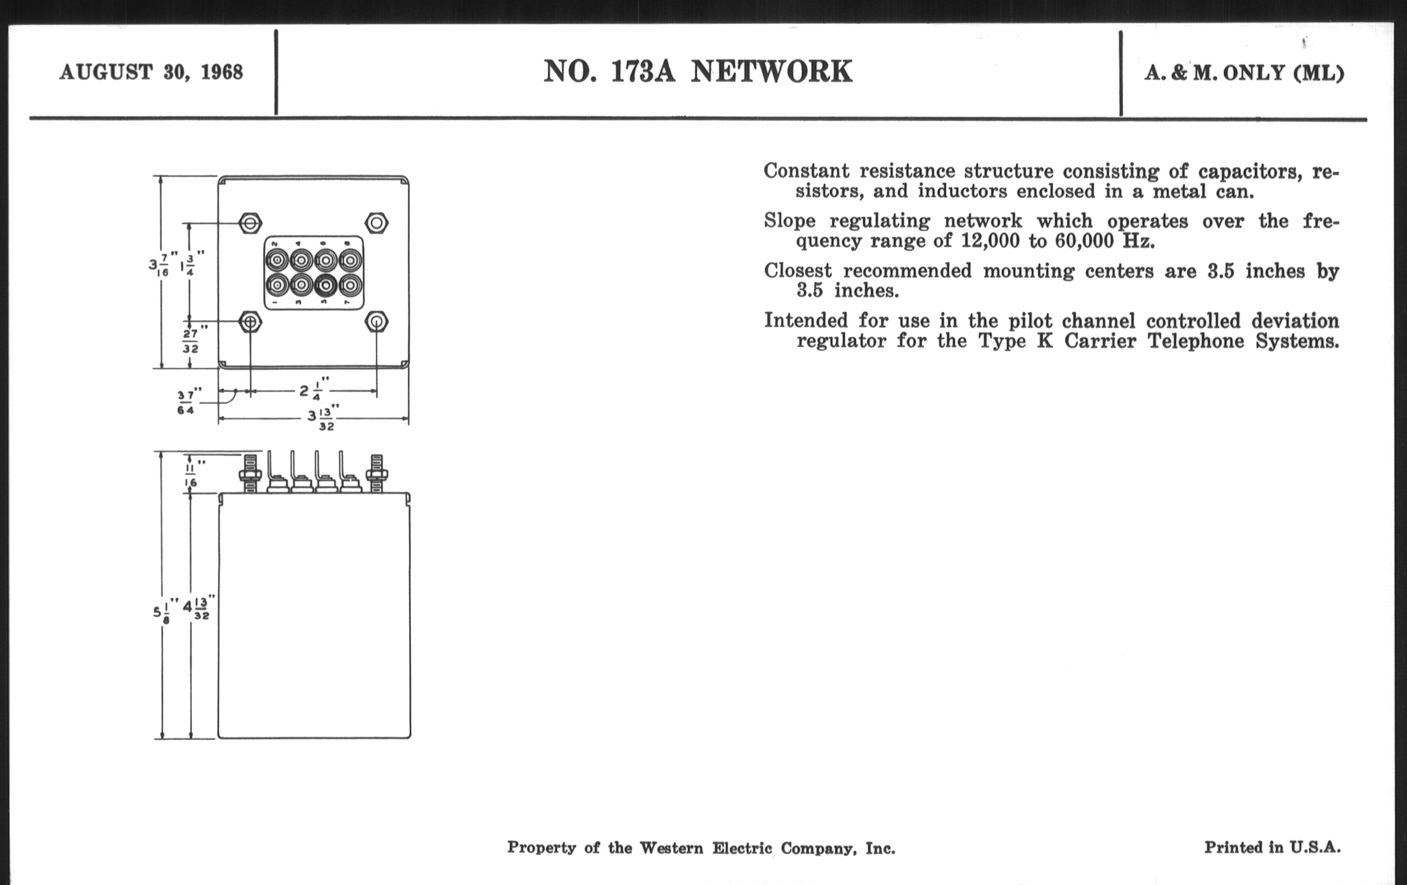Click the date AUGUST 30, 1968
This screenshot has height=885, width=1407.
(151, 72)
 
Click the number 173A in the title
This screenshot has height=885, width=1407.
(643, 71)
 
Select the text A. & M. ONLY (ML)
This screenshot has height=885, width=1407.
(1244, 73)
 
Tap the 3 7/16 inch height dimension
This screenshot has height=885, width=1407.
(159, 264)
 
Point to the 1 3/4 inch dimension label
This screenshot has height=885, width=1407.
(191, 263)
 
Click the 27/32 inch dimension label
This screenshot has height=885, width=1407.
(191, 340)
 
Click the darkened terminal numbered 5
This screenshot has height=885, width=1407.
(326, 285)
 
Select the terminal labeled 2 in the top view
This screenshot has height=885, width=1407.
(277, 259)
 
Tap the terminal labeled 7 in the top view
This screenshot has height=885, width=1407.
(349, 285)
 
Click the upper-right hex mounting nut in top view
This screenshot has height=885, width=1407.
(376, 223)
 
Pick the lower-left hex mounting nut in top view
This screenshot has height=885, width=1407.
(251, 322)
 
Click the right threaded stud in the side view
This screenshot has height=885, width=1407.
(376, 474)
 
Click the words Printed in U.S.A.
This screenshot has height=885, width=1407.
(1272, 847)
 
